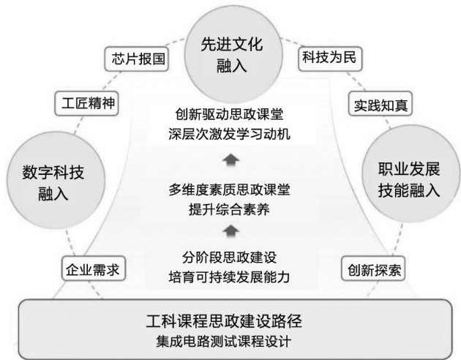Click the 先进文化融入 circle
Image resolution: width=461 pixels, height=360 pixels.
(230, 52)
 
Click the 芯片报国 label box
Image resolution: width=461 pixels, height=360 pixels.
(138, 57)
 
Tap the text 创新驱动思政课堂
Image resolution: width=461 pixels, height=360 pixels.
(230, 115)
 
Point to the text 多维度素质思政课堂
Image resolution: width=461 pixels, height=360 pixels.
(230, 190)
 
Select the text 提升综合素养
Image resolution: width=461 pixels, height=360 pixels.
(230, 209)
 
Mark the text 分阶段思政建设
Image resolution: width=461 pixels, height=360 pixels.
(230, 258)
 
